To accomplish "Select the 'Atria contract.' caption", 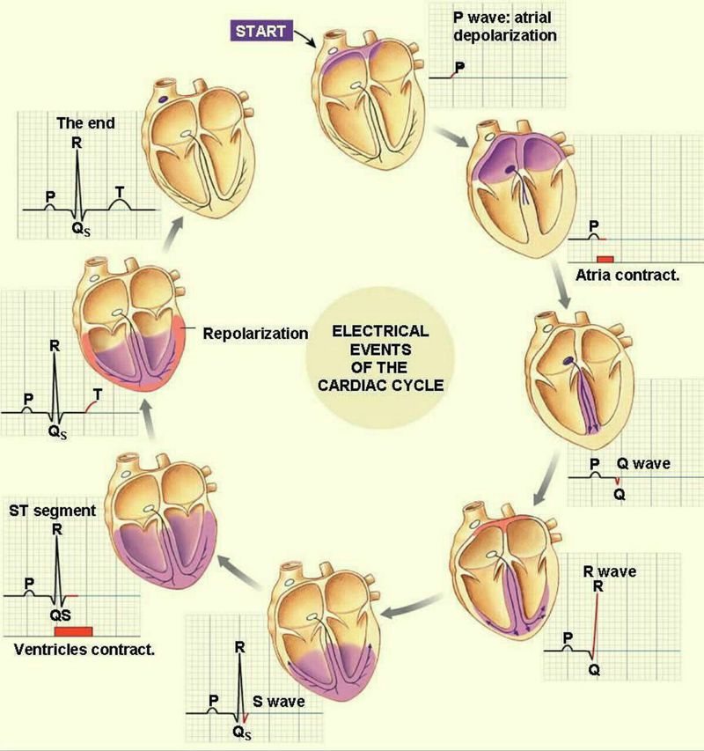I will (x=627, y=276).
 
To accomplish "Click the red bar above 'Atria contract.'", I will (x=605, y=259).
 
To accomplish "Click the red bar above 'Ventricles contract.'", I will (x=72, y=632).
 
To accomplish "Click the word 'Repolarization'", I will (x=255, y=334).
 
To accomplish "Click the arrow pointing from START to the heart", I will (x=304, y=38).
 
